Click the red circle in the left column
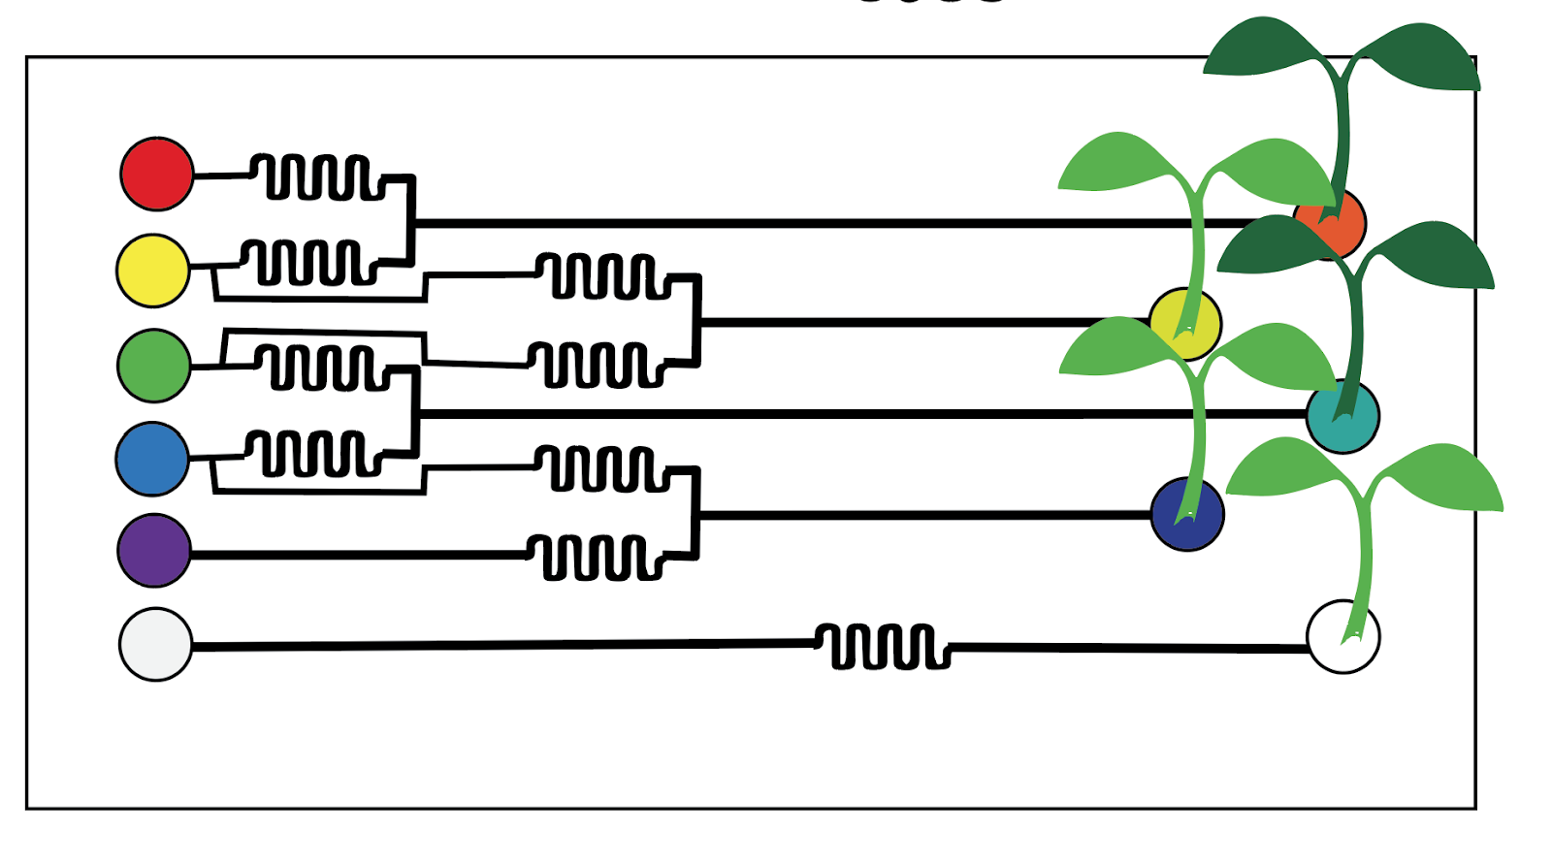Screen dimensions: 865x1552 pos(157,174)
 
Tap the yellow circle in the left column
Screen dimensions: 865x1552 pos(153,271)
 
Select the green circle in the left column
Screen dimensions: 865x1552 pos(154,366)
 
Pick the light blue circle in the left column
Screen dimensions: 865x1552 pos(152,459)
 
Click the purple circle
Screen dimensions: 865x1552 pos(154,551)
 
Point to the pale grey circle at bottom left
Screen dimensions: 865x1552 pos(155,644)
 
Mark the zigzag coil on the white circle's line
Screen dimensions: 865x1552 pos(882,646)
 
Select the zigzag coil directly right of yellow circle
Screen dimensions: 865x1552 pos(308,262)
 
